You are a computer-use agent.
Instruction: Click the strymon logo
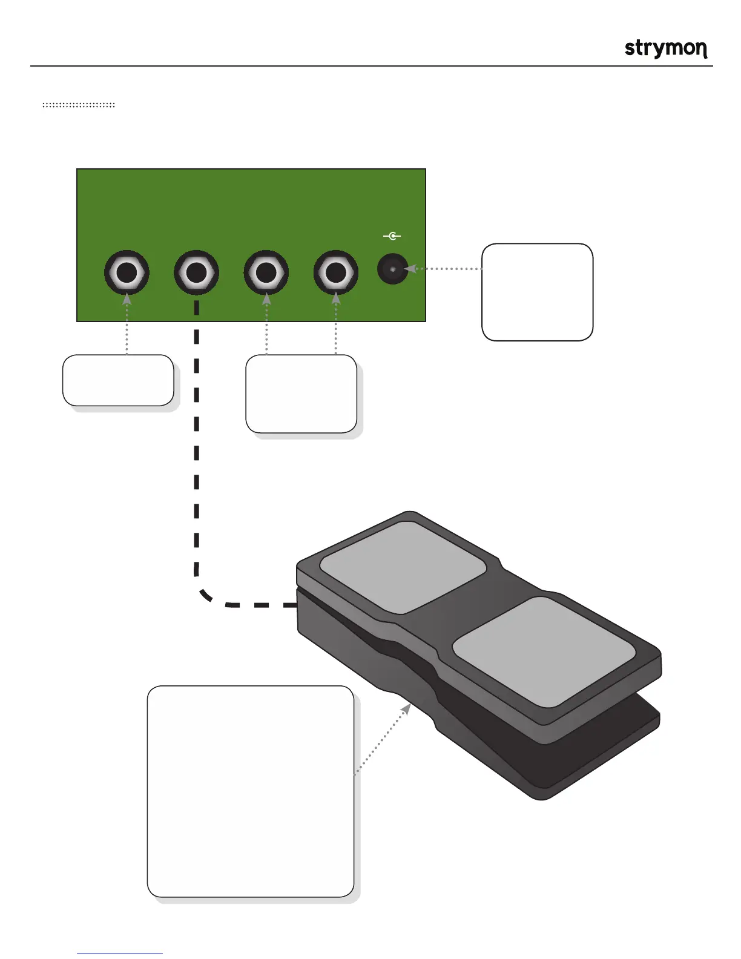[666, 48]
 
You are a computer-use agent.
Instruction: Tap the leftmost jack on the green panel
[127, 273]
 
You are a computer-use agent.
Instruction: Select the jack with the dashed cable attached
[196, 273]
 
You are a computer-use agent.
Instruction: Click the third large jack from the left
[266, 273]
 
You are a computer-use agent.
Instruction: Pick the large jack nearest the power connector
[335, 273]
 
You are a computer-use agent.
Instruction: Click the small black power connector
[392, 268]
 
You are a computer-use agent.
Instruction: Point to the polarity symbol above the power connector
[392, 236]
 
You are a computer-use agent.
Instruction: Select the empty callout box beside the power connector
[537, 292]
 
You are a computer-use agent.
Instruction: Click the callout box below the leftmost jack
[118, 380]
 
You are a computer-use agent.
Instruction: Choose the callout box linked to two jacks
[301, 394]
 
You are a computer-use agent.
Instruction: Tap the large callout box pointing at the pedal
[250, 791]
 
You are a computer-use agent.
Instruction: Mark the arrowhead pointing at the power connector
[410, 268]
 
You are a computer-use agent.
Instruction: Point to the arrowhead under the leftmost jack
[127, 298]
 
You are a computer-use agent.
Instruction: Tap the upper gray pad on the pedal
[403, 566]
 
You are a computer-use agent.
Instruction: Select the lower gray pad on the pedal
[544, 652]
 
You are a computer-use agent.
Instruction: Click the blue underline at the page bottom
[120, 954]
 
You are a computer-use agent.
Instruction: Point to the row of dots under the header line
[79, 105]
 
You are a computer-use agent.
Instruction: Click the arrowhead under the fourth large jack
[336, 298]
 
